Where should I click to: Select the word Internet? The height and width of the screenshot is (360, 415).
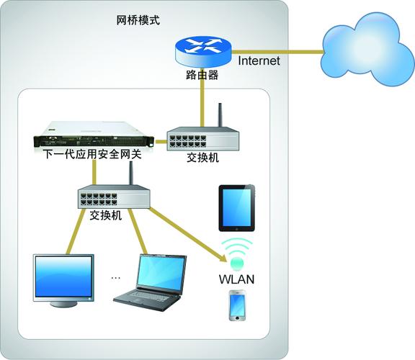coord(258,61)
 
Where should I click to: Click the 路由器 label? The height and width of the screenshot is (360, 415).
coord(202,74)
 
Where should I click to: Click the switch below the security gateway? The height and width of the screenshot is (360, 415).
coord(112,196)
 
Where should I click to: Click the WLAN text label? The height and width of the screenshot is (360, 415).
coord(237,278)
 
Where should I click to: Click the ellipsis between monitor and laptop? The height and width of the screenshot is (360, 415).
coord(117,276)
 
